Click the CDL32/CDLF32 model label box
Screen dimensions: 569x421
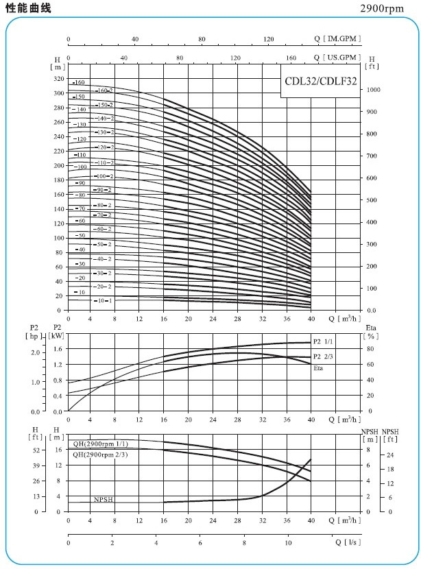tap(320, 80)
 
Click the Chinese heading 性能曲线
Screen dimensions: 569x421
tap(27, 8)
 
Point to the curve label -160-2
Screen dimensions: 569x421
tap(104, 90)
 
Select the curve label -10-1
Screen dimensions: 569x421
tap(103, 301)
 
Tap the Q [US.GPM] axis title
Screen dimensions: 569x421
tap(337, 58)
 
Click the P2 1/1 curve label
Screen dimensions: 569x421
tap(322, 342)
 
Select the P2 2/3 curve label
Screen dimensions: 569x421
tap(322, 356)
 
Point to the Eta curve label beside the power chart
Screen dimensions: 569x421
tap(318, 369)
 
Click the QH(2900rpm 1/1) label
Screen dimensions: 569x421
tap(100, 444)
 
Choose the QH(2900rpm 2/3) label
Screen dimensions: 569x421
tap(100, 454)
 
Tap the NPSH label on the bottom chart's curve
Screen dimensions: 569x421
tap(103, 499)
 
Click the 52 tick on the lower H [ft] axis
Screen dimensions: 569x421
tap(36, 450)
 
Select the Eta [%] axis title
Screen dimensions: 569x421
tap(370, 332)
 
